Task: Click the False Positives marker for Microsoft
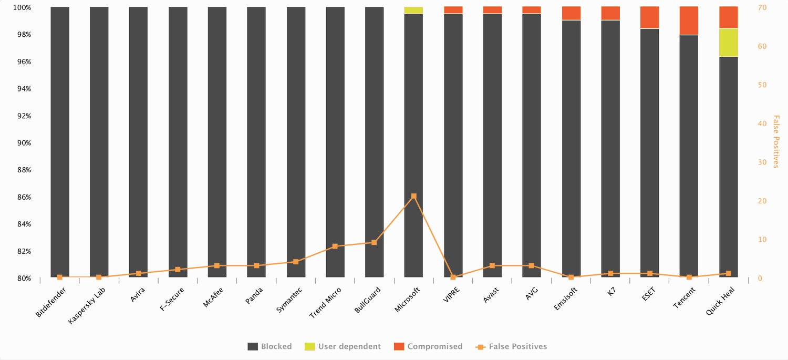[x=414, y=196]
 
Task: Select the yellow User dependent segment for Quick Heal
[x=728, y=42]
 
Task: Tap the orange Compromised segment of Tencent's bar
[x=689, y=20]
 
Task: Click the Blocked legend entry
[x=270, y=346]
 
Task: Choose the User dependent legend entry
[x=343, y=346]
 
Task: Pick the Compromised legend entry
[x=428, y=346]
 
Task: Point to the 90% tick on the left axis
[x=24, y=143]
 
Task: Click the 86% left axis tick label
[x=24, y=197]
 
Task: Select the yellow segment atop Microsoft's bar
[x=413, y=11]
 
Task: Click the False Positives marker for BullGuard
[x=374, y=242]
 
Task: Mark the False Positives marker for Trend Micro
[x=335, y=246]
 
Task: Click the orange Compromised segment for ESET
[x=649, y=17]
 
